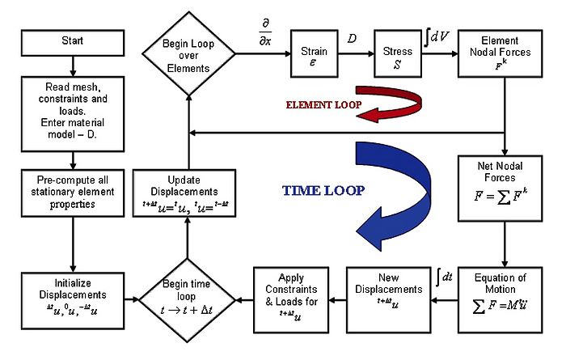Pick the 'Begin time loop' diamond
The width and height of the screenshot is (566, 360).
click(x=188, y=294)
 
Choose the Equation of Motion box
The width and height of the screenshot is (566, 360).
click(x=505, y=294)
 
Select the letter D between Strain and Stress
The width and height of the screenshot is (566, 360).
click(x=352, y=37)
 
